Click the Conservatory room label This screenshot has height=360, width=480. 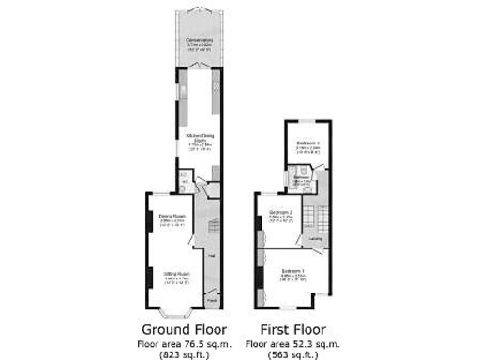(x=198, y=41)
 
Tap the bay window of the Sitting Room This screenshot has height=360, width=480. (x=173, y=309)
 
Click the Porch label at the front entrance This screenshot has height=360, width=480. (x=212, y=300)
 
